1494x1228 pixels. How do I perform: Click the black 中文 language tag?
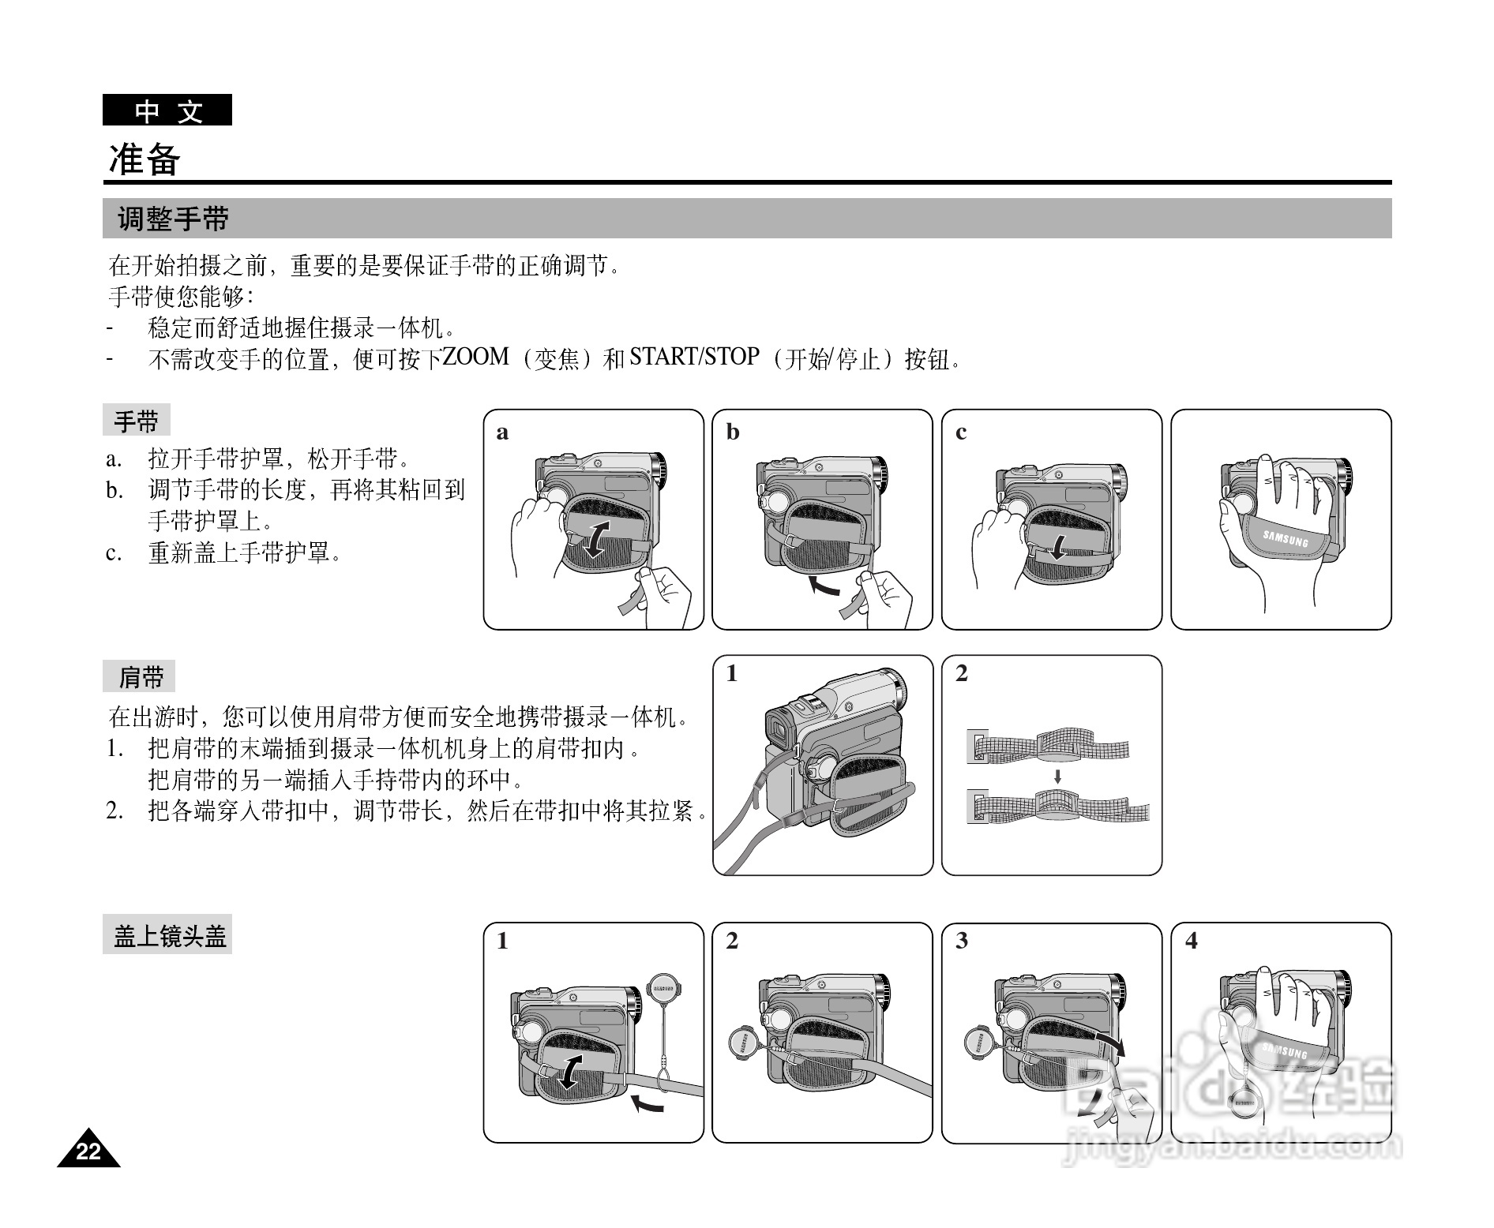pyautogui.click(x=167, y=110)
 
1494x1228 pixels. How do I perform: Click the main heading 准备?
pyautogui.click(x=145, y=159)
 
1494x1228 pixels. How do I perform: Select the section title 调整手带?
pyautogui.click(x=174, y=219)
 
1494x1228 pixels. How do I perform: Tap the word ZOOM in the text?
pyautogui.click(x=475, y=357)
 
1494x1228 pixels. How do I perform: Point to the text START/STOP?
pyautogui.click(x=694, y=357)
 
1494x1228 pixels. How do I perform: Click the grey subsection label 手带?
pyautogui.click(x=136, y=421)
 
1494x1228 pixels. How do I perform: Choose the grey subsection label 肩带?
pyautogui.click(x=141, y=677)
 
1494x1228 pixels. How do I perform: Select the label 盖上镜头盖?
pyautogui.click(x=168, y=937)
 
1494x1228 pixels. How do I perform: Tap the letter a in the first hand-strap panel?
pyautogui.click(x=502, y=432)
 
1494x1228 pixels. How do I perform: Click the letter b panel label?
pyautogui.click(x=733, y=432)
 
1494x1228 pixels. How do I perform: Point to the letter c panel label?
pyautogui.click(x=960, y=432)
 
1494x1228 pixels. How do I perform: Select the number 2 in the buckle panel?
pyautogui.click(x=961, y=674)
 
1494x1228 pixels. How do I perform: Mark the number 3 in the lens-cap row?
pyautogui.click(x=961, y=941)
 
